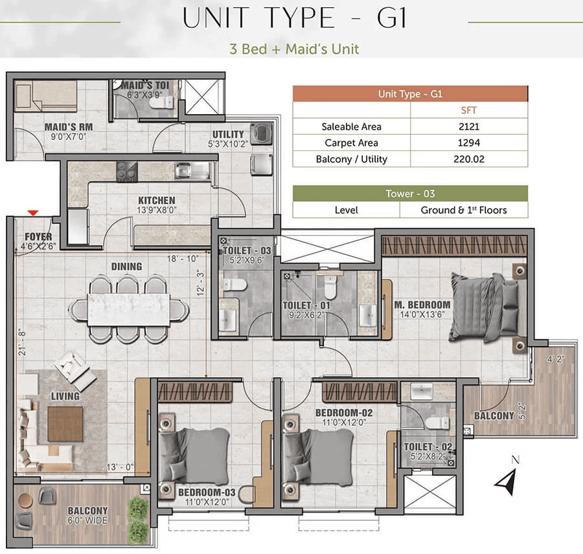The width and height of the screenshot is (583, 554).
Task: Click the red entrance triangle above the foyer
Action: click(x=33, y=213)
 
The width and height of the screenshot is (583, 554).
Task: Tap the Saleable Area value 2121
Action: click(x=469, y=126)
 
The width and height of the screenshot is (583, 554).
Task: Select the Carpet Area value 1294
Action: click(x=469, y=143)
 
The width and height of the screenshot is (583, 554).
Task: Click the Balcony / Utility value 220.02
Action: click(x=469, y=159)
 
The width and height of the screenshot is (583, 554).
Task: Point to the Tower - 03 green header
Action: click(x=410, y=193)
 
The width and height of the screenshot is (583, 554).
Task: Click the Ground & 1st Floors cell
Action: click(x=464, y=210)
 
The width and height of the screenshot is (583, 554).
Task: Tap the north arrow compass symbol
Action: click(x=507, y=481)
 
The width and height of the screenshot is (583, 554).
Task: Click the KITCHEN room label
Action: click(x=157, y=200)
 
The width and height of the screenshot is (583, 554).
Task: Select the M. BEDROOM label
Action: click(x=422, y=305)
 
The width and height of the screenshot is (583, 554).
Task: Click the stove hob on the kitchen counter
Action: click(x=127, y=172)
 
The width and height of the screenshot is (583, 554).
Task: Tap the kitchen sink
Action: click(x=192, y=170)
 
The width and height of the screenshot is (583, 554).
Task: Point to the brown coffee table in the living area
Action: click(x=65, y=424)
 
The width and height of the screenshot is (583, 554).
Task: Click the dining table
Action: click(x=129, y=309)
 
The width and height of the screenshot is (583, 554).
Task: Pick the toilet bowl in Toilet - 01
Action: click(x=330, y=287)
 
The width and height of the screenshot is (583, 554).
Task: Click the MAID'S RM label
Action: click(x=69, y=127)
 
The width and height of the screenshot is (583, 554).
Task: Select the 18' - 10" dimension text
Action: click(x=183, y=259)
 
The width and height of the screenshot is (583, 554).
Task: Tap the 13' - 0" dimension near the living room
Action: click(x=120, y=467)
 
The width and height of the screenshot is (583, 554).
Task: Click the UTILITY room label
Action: click(x=228, y=134)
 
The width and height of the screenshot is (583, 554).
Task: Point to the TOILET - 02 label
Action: click(x=428, y=446)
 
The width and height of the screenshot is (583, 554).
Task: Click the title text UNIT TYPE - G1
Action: click(x=295, y=18)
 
